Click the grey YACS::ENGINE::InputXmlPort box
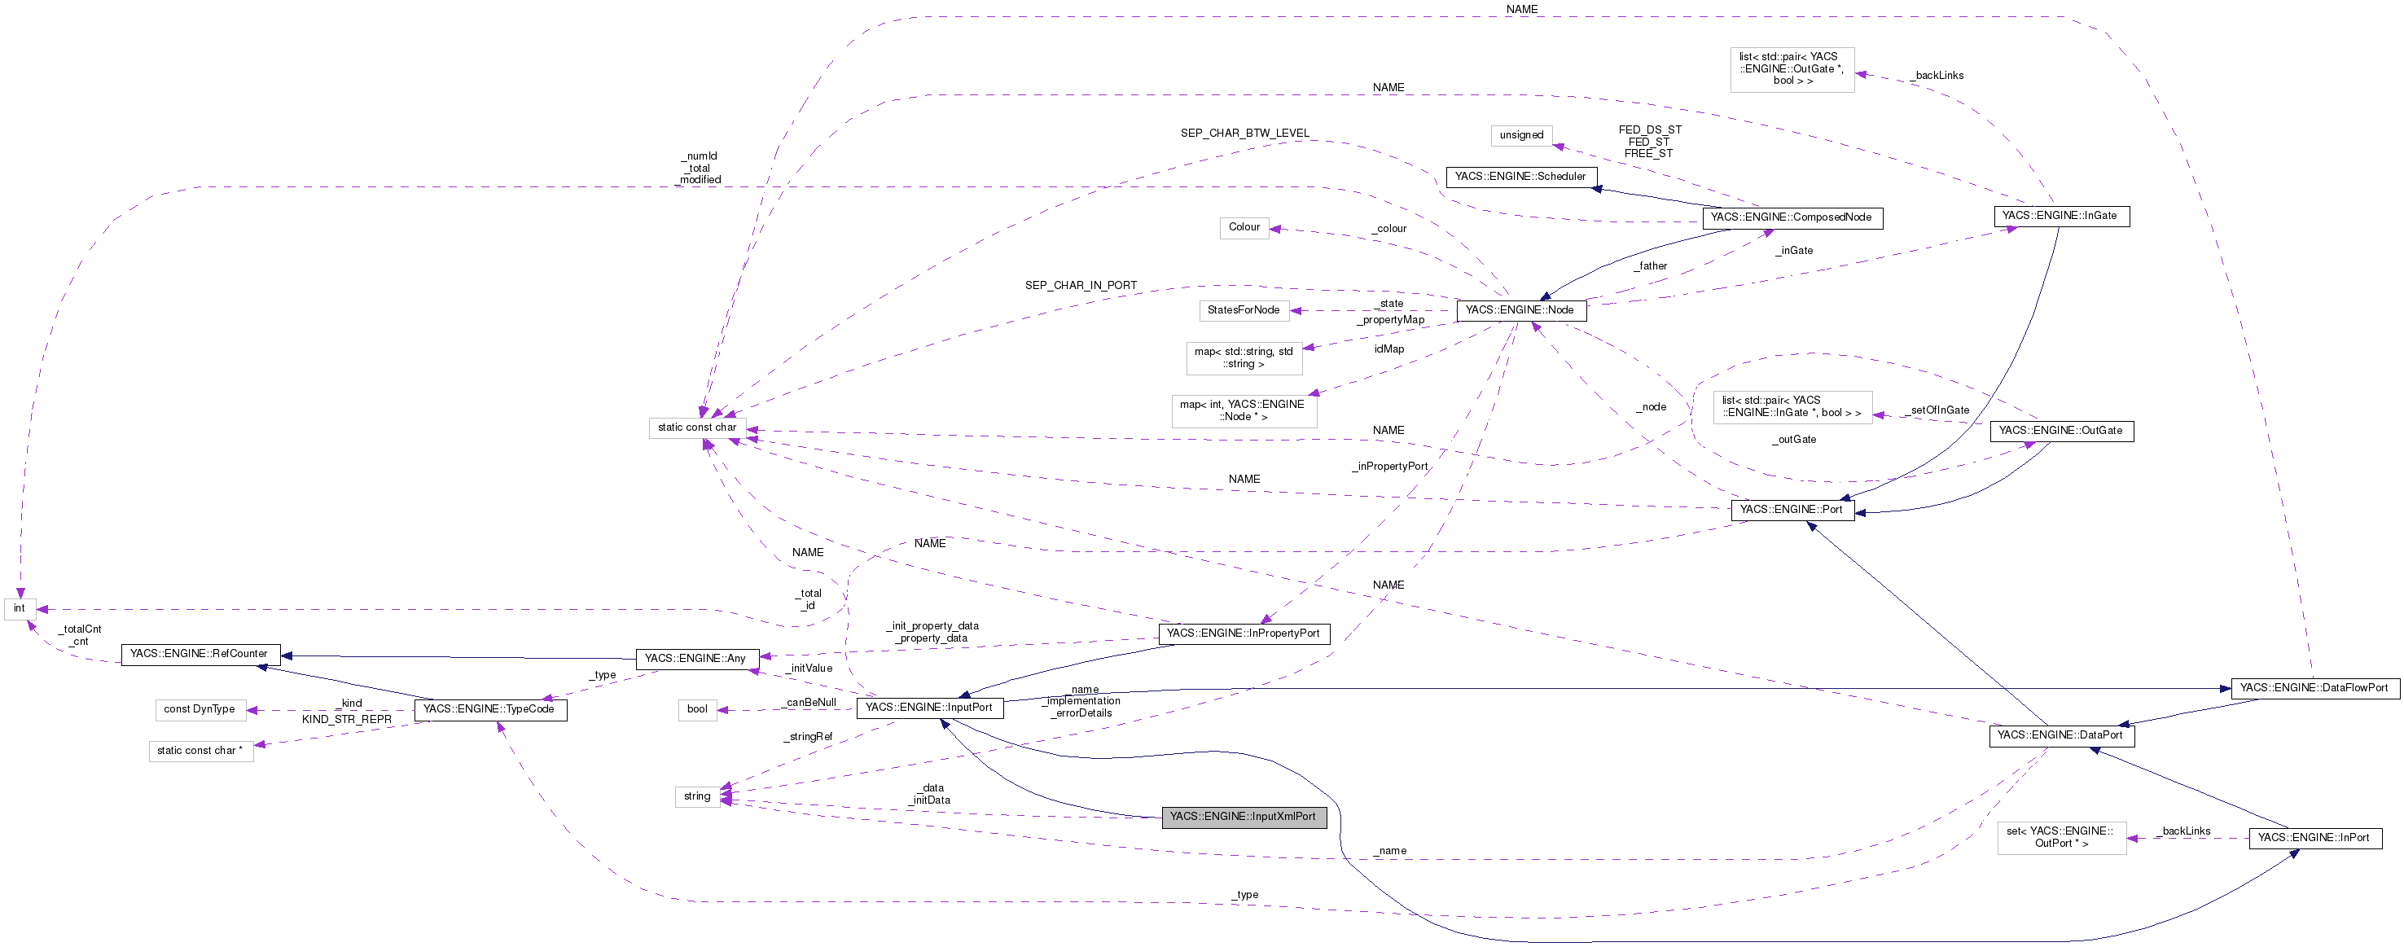point(1243,817)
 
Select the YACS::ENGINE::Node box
point(1520,309)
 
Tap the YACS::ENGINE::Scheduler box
point(1520,177)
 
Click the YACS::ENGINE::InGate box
point(2060,216)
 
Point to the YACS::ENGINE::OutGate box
point(2060,431)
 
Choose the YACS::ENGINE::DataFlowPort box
point(2314,687)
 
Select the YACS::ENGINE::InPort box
point(2314,838)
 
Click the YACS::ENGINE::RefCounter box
point(199,654)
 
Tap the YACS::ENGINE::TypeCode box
point(489,709)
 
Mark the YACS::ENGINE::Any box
point(695,659)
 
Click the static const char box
point(697,427)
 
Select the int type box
point(20,608)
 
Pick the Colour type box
point(1244,228)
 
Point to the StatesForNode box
point(1243,309)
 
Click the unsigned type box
point(1521,135)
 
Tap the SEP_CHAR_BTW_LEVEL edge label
point(1245,134)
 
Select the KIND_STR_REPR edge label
point(347,719)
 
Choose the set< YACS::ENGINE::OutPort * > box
point(2060,837)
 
